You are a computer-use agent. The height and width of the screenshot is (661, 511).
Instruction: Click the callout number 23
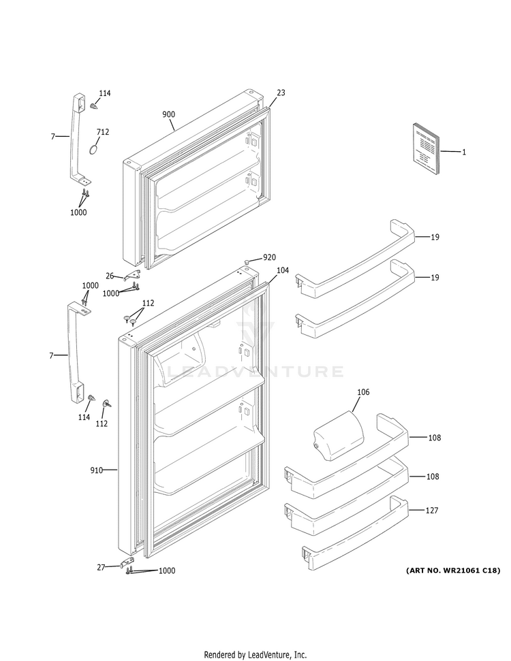[281, 93]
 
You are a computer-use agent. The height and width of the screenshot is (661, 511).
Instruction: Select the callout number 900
[168, 114]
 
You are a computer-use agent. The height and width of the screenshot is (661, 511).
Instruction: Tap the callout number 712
[102, 131]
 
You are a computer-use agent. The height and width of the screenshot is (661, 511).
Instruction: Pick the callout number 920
[270, 257]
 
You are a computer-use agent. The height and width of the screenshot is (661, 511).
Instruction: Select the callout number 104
[282, 270]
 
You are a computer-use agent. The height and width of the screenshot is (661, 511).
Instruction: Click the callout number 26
[110, 276]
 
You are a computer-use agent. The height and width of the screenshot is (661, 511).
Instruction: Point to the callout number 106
[363, 392]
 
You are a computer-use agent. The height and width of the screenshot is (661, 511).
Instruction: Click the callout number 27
[102, 566]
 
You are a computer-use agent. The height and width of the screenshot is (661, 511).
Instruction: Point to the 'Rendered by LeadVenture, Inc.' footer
[255, 654]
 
